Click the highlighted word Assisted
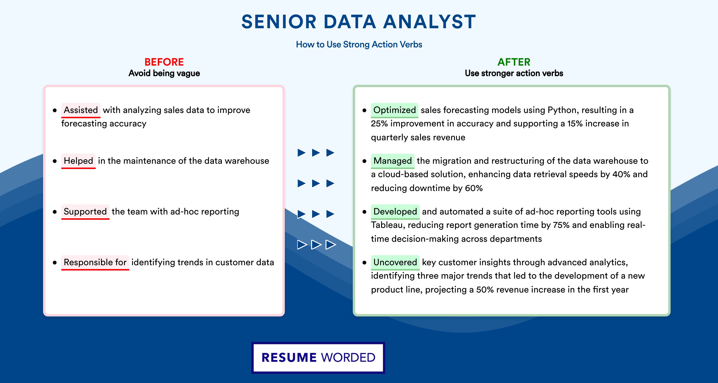coord(81,110)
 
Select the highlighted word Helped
coord(78,161)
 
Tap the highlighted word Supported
coord(85,212)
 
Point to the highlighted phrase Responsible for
coord(95,262)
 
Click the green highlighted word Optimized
coord(394,110)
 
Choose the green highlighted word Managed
coord(393,161)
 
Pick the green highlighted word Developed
coord(395,212)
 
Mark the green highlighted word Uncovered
coord(395,262)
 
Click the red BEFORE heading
coord(164,62)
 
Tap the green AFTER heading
coord(514,62)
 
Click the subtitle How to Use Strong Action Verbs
coord(359,44)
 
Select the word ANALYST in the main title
coord(430,22)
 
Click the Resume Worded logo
coord(318,358)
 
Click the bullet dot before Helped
coord(55,161)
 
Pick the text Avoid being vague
coord(164,73)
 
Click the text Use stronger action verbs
coord(514,73)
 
